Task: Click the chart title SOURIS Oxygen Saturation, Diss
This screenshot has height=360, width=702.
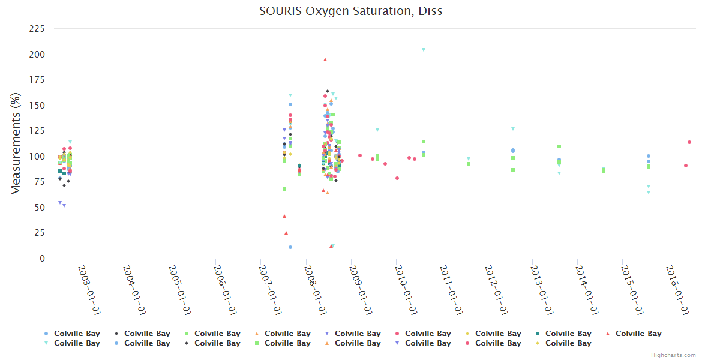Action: pos(351,11)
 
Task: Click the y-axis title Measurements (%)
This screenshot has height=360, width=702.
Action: pos(16,143)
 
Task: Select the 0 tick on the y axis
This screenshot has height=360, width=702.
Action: pos(42,259)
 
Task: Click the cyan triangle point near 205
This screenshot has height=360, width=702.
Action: pos(424,50)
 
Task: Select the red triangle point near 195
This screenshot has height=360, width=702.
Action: pos(325,59)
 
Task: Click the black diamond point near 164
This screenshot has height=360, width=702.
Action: pos(328,91)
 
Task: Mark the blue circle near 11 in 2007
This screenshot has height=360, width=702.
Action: pos(290,247)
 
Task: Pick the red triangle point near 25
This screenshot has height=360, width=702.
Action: pos(286,233)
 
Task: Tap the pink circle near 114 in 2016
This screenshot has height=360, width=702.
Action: pos(689,142)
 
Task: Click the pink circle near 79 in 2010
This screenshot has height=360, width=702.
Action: pos(397,178)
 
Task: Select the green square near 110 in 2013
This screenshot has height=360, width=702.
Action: pos(559,146)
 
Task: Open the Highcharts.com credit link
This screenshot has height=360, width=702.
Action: pos(674,355)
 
